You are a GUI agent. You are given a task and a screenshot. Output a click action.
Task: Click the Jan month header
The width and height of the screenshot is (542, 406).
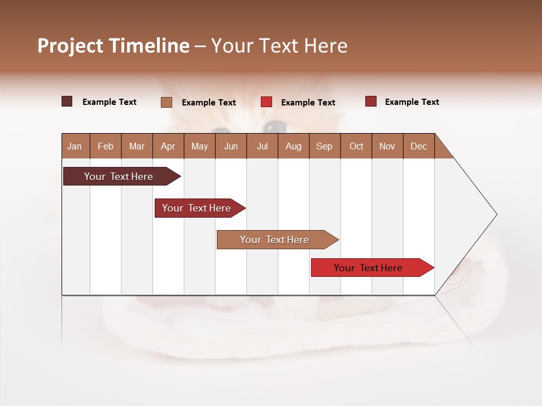tap(75, 146)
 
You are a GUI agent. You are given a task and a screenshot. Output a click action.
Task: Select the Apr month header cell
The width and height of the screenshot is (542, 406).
tap(168, 146)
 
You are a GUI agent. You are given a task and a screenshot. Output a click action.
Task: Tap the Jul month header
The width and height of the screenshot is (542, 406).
tap(262, 146)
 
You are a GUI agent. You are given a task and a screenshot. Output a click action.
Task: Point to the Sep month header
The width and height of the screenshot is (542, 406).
tap(325, 146)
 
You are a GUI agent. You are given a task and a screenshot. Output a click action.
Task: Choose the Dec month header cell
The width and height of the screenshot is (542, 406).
tap(418, 146)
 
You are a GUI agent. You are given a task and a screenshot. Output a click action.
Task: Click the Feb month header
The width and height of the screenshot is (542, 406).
tap(106, 146)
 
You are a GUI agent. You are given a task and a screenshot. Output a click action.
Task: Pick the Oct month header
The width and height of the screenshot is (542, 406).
tap(356, 146)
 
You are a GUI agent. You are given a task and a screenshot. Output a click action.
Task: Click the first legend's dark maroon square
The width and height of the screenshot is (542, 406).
tap(67, 101)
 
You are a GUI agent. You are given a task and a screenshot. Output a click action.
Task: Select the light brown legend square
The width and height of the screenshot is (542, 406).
tap(167, 102)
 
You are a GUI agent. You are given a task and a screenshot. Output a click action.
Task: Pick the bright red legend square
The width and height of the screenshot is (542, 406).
tap(266, 102)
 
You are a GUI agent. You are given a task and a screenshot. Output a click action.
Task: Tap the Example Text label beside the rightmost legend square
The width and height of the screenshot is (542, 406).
tap(412, 102)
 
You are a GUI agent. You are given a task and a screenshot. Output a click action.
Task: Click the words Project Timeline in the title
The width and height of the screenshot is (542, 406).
tap(113, 46)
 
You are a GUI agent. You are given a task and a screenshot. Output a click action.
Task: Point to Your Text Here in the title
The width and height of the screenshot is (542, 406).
tap(279, 46)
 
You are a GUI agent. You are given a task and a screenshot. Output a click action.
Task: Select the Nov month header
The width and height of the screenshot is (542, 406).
tap(387, 146)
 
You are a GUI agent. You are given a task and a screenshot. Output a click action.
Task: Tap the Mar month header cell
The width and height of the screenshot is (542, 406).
tap(137, 146)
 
